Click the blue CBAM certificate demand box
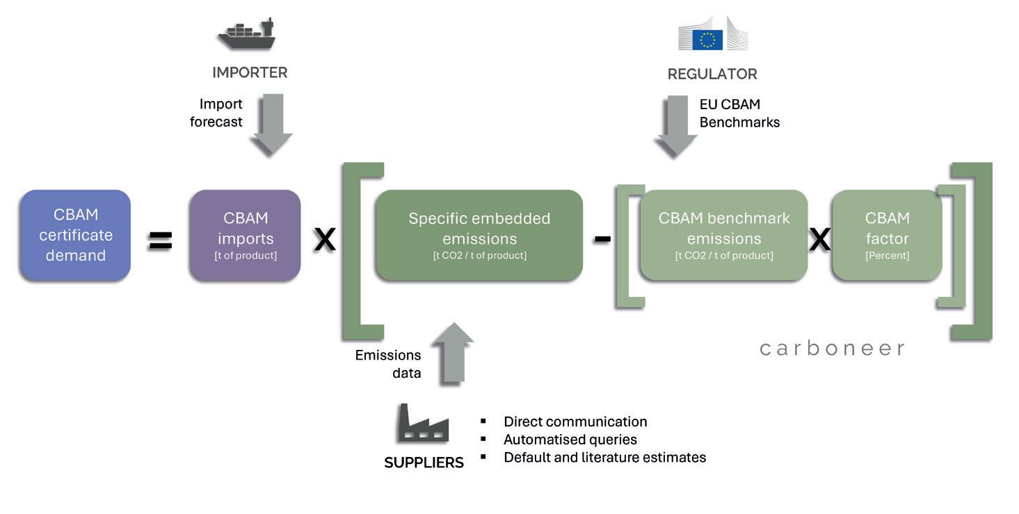[x=75, y=236]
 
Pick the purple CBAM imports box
[x=245, y=236]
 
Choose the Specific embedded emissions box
[x=479, y=236]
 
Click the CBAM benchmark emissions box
[x=723, y=236]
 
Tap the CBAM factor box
[x=887, y=236]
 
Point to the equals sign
[x=160, y=241]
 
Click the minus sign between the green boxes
[x=602, y=239]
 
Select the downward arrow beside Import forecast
[x=271, y=126]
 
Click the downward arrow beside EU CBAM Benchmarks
[x=676, y=126]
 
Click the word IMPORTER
[x=250, y=72]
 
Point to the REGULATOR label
[x=712, y=74]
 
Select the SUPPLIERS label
[x=424, y=463]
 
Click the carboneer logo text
[x=832, y=348]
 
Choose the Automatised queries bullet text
[x=570, y=440]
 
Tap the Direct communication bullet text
[x=575, y=421]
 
